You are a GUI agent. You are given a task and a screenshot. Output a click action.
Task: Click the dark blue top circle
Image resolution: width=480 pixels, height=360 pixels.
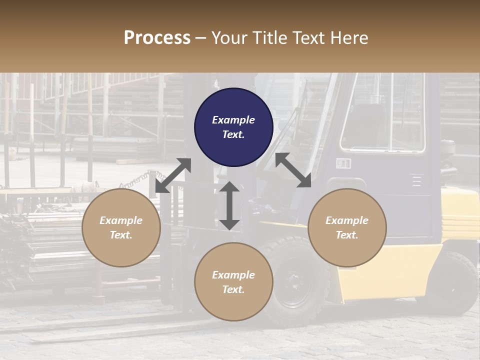233,127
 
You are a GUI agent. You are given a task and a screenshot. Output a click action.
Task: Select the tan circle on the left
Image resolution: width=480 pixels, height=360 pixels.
121,227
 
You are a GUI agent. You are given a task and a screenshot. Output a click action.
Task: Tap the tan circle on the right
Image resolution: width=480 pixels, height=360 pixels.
347,227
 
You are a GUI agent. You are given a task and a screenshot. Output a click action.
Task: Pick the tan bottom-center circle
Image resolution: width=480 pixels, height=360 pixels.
233,282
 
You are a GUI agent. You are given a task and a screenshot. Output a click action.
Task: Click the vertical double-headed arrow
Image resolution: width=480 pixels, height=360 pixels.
229,205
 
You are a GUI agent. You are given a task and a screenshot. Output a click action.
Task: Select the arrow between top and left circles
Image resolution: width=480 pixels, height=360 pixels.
173,175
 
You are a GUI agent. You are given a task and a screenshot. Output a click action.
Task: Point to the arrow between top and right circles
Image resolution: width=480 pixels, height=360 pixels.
293,170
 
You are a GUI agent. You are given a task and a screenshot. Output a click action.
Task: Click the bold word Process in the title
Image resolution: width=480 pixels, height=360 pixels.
157,37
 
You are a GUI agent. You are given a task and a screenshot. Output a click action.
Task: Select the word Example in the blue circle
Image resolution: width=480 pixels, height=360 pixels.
233,120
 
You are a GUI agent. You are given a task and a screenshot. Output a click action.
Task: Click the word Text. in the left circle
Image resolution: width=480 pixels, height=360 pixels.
121,235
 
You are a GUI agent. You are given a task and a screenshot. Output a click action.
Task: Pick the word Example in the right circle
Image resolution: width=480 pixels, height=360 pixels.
347,220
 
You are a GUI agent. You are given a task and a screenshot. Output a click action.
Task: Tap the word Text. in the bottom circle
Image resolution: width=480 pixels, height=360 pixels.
233,289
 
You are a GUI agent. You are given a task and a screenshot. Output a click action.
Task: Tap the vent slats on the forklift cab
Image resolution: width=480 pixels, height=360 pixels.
416,180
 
